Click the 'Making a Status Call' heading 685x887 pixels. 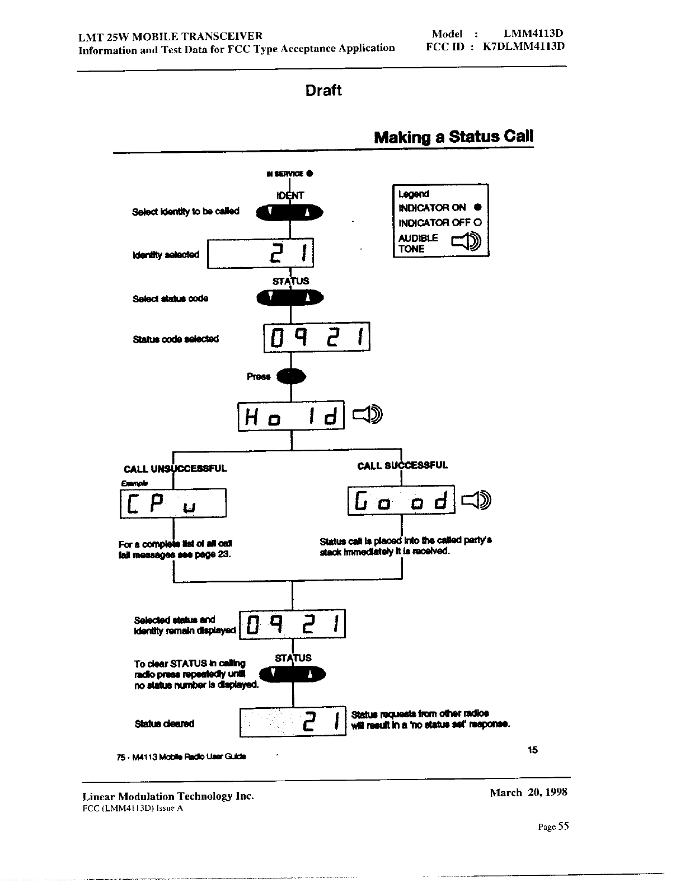(x=453, y=137)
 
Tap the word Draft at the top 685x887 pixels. (x=323, y=90)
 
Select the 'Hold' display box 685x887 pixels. (x=291, y=416)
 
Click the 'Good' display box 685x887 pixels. (x=401, y=500)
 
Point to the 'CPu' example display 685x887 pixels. (x=173, y=503)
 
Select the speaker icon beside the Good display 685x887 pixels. (x=476, y=499)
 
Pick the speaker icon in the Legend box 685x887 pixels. (x=466, y=242)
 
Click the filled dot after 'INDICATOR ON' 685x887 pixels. (x=478, y=208)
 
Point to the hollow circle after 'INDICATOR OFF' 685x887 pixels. (x=478, y=222)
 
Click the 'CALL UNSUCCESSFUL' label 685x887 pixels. (x=175, y=469)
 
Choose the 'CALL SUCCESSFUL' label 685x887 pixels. (x=403, y=465)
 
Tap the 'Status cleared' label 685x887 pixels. (x=165, y=723)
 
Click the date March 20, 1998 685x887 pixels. (x=528, y=792)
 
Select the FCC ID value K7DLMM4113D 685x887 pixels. (x=524, y=46)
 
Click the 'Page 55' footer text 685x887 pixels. (x=553, y=827)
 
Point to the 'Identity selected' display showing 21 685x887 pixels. (x=261, y=254)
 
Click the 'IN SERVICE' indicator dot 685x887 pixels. (x=309, y=174)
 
